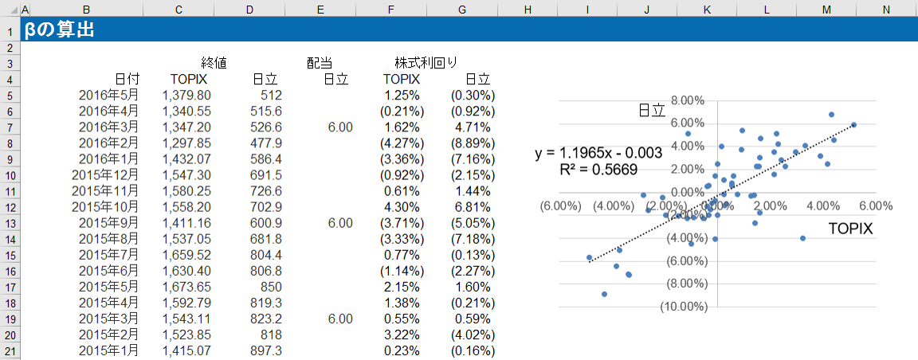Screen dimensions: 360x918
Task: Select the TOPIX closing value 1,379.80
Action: coord(186,96)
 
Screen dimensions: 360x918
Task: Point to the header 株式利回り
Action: coord(426,63)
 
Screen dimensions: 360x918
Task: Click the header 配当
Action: coord(320,63)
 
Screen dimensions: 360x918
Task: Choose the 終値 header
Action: coord(214,63)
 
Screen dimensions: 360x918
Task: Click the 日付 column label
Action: coord(127,79)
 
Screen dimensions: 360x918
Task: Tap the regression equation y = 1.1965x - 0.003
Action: coord(599,153)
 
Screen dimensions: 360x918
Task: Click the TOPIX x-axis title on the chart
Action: coord(850,229)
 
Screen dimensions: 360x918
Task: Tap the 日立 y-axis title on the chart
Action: coord(652,111)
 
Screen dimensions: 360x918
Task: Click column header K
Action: coord(707,9)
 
